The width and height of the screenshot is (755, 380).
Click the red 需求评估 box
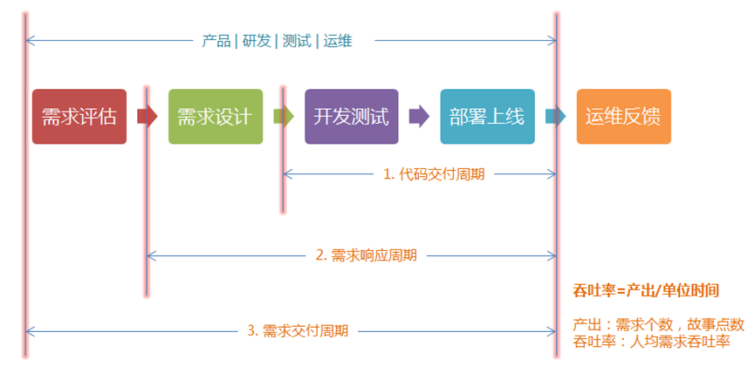coord(79,116)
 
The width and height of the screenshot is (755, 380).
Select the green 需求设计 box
coord(215,116)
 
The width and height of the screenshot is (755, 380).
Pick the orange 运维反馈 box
coord(623,116)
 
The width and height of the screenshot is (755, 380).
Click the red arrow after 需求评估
coord(148,116)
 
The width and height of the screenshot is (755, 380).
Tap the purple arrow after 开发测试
coord(419,116)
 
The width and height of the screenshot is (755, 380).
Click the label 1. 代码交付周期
coord(434,173)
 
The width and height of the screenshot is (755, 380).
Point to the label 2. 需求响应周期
coord(366,255)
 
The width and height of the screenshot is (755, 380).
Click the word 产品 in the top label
coord(216,40)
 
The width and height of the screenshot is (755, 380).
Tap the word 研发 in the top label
coord(257,40)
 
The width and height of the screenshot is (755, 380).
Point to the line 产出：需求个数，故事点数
coord(658,324)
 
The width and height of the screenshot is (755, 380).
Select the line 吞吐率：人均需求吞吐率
coord(650,341)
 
